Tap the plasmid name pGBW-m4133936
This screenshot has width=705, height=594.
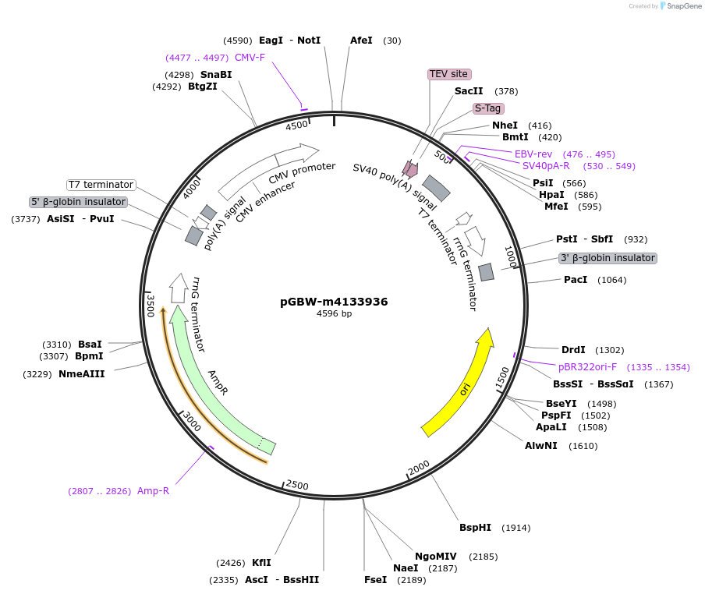pyautogui.click(x=334, y=302)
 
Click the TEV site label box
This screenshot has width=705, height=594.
pyautogui.click(x=449, y=74)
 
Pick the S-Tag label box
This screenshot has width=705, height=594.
pyautogui.click(x=488, y=108)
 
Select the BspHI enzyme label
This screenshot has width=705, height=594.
pyautogui.click(x=475, y=528)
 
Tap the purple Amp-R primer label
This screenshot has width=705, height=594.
pyautogui.click(x=153, y=490)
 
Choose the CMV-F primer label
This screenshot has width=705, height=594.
pyautogui.click(x=250, y=58)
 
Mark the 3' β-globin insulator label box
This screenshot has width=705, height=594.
pyautogui.click(x=608, y=258)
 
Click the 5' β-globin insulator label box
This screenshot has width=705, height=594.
pyautogui.click(x=78, y=202)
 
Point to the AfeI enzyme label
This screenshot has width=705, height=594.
pyautogui.click(x=361, y=41)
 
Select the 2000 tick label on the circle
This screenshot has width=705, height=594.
pyautogui.click(x=419, y=467)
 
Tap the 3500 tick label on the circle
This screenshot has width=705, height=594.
pyautogui.click(x=151, y=306)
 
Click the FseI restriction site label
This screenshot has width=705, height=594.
pyautogui.click(x=375, y=580)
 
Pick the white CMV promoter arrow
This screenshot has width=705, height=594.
pyautogui.click(x=269, y=171)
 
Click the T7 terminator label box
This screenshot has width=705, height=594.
pyautogui.click(x=101, y=185)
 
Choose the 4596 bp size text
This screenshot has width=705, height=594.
pyautogui.click(x=334, y=314)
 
